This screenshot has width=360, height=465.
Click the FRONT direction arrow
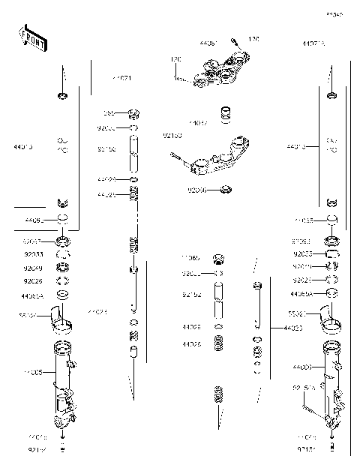pyautogui.click(x=32, y=38)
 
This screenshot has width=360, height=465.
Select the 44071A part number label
pyautogui.click(x=314, y=44)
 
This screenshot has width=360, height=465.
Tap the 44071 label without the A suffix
pyautogui.click(x=121, y=78)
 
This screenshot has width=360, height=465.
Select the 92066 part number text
pyautogui.click(x=197, y=190)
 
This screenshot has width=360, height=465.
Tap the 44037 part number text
pyautogui.click(x=198, y=122)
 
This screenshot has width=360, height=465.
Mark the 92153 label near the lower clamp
pyautogui.click(x=172, y=136)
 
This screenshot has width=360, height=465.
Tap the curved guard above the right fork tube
pyautogui.click(x=331, y=321)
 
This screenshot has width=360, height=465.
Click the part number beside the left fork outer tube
pyautogui.click(x=34, y=371)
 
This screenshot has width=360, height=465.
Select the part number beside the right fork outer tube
pyautogui.click(x=302, y=367)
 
